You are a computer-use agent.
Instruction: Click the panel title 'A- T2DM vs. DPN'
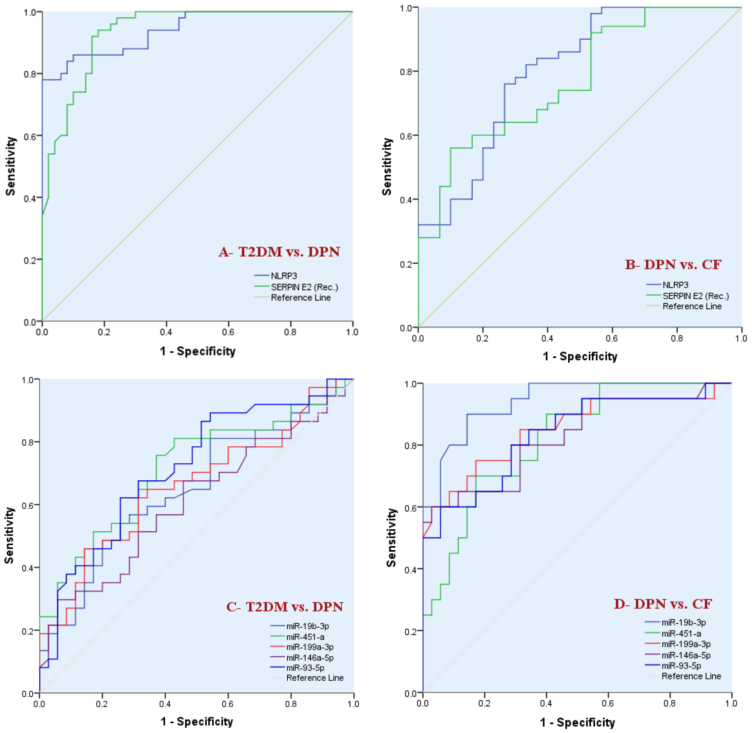[x=279, y=252]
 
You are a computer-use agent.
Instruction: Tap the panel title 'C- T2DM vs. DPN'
[x=284, y=607]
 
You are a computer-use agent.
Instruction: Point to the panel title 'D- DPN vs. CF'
[x=663, y=604]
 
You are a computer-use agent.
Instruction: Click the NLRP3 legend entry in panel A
[x=284, y=276]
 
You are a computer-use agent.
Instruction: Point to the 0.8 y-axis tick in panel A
[x=31, y=74]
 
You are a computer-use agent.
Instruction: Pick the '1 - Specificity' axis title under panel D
[x=577, y=722]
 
